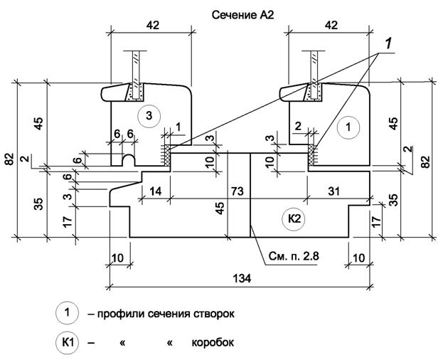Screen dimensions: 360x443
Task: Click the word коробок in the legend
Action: (x=212, y=342)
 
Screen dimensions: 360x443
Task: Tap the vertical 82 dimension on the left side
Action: (x=9, y=159)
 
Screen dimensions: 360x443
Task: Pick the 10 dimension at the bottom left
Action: (x=118, y=256)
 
